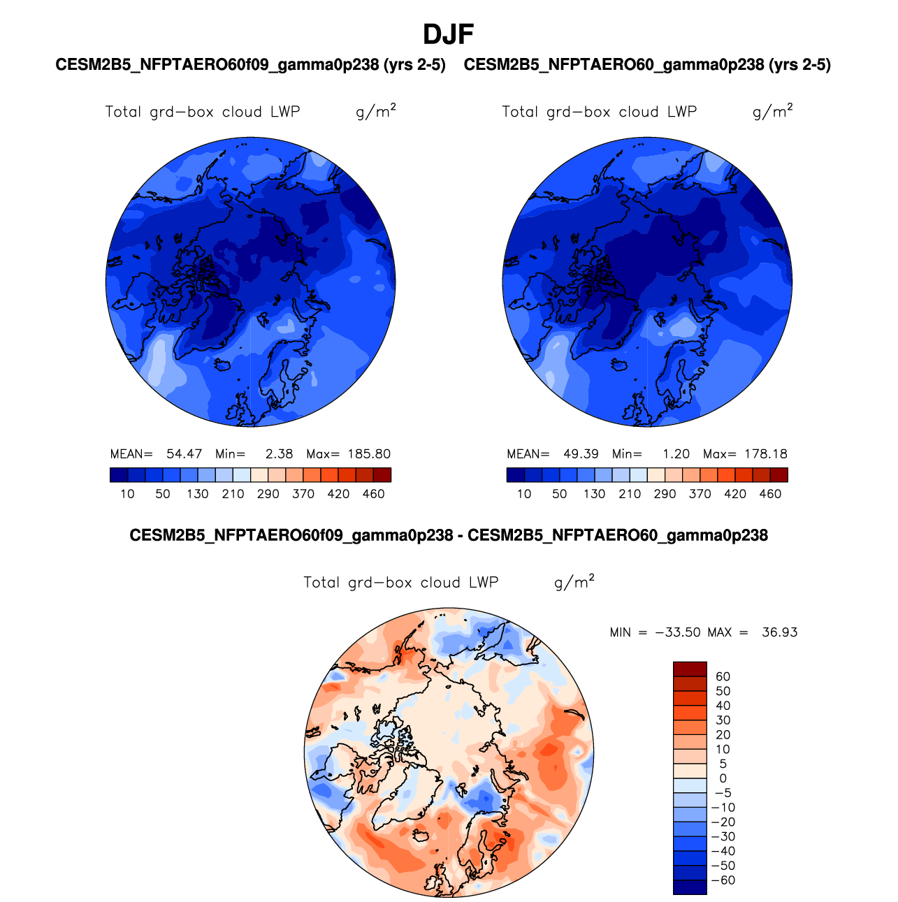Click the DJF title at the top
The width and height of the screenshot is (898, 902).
[449, 34]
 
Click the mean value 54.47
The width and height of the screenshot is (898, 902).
[184, 454]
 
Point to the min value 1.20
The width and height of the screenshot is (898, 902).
[676, 454]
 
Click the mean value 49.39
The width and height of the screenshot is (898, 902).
[581, 454]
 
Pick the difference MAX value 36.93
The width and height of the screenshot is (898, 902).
[779, 632]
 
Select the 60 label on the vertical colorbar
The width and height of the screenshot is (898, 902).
[723, 676]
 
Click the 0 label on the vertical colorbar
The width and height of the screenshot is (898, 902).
[723, 778]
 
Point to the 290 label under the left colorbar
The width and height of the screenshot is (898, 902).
[268, 494]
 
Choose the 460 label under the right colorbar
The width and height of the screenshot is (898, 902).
[770, 494]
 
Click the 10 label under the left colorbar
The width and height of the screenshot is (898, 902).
[127, 494]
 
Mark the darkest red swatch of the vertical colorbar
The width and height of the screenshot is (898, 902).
[690, 669]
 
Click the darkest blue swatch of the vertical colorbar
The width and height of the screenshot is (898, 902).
[690, 887]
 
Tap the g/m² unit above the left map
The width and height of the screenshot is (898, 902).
[376, 111]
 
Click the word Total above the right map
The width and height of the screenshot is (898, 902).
[521, 112]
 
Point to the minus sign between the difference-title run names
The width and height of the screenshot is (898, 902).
[461, 536]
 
